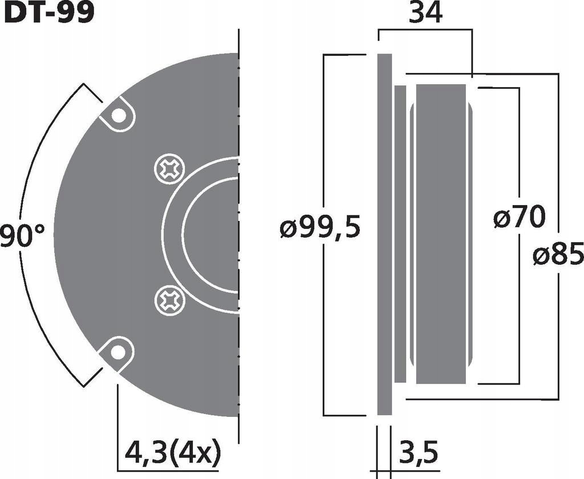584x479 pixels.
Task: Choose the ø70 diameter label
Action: click(519, 218)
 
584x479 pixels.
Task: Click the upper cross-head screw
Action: click(170, 169)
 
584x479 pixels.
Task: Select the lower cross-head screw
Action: click(170, 299)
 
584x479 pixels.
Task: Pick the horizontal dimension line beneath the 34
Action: click(425, 30)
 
